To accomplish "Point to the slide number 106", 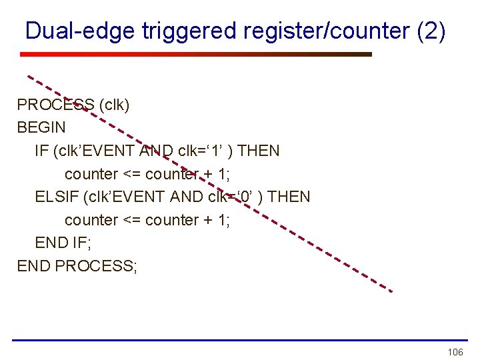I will pyautogui.click(x=455, y=351).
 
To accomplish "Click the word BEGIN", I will pyautogui.click(x=41, y=127).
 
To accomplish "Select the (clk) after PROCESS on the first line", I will pyautogui.click(x=114, y=105).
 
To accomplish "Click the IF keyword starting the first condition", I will pyautogui.click(x=41, y=151).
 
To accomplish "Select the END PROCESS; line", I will pyautogui.click(x=77, y=266).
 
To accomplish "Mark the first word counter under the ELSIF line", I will pyautogui.click(x=91, y=220).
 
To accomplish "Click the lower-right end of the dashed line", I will pyautogui.click(x=391, y=291).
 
